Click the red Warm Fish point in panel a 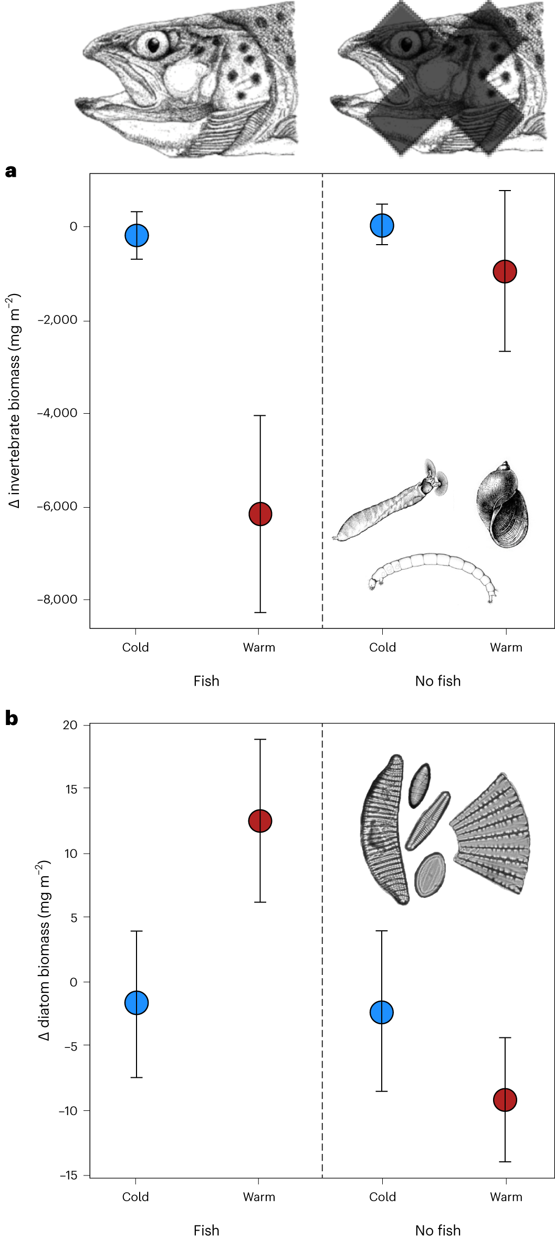pyautogui.click(x=260, y=513)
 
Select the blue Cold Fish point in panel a pyautogui.click(x=137, y=235)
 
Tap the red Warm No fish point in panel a pyautogui.click(x=505, y=271)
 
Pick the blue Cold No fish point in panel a pyautogui.click(x=382, y=225)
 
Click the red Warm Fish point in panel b pyautogui.click(x=260, y=821)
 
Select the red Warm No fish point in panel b pyautogui.click(x=505, y=1100)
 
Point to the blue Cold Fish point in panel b pyautogui.click(x=137, y=1003)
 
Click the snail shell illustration pyautogui.click(x=502, y=505)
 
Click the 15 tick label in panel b pyautogui.click(x=70, y=789)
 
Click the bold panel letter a pyautogui.click(x=11, y=171)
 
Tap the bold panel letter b pyautogui.click(x=12, y=718)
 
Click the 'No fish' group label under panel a pyautogui.click(x=437, y=681)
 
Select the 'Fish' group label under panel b pyautogui.click(x=206, y=1230)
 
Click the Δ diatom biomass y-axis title pyautogui.click(x=44, y=950)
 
